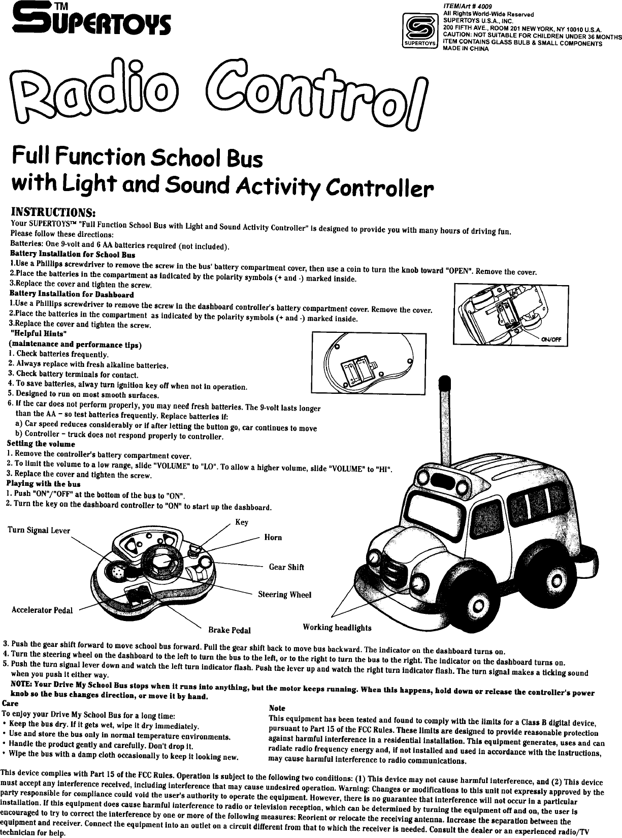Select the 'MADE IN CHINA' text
pos(466,49)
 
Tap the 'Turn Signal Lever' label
pos(39,531)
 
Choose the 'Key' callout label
pos(242,522)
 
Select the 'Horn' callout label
pos(273,537)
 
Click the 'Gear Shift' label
pos(286,567)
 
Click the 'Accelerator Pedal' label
pos(42,610)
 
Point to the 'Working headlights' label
pos(337,628)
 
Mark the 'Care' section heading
pos(11,703)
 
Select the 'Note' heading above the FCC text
pos(277,708)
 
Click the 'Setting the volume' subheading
pos(41,444)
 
